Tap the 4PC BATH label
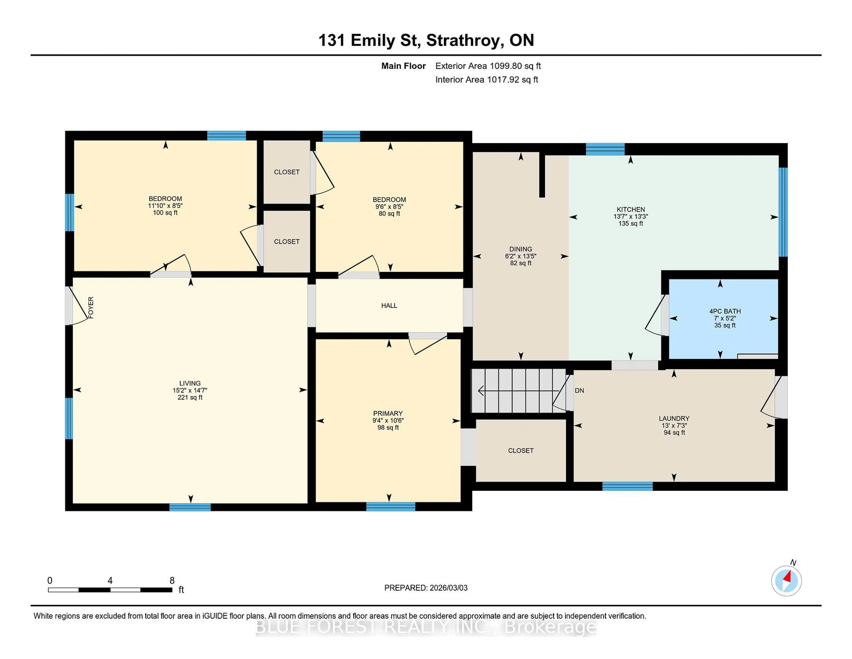tap(725, 311)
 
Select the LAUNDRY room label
tap(674, 418)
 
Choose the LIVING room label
tap(190, 383)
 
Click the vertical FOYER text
tap(91, 307)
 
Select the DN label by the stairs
tap(579, 390)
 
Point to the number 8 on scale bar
tap(172, 581)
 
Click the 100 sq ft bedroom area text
tap(165, 213)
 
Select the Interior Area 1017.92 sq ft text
tap(487, 80)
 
